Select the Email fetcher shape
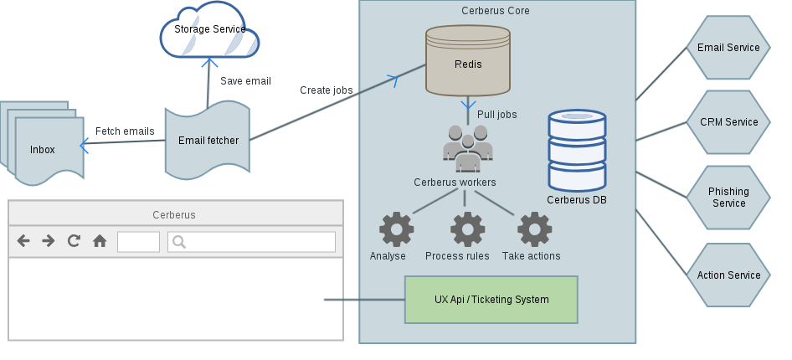[x=208, y=140]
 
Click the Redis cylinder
[x=467, y=60]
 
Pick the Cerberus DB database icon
[x=577, y=151]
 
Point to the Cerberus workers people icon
[x=467, y=148]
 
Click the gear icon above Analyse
[x=396, y=229]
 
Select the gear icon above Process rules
[x=467, y=229]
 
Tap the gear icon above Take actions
[x=534, y=229]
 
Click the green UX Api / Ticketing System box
[x=491, y=300]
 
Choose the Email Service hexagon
[x=728, y=48]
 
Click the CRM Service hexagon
[x=728, y=122]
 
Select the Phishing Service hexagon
[x=728, y=198]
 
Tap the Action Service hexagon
[x=728, y=275]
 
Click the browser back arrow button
[x=23, y=241]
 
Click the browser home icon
[x=100, y=241]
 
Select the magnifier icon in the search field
[x=178, y=242]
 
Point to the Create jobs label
[x=327, y=90]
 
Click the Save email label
[x=245, y=81]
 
